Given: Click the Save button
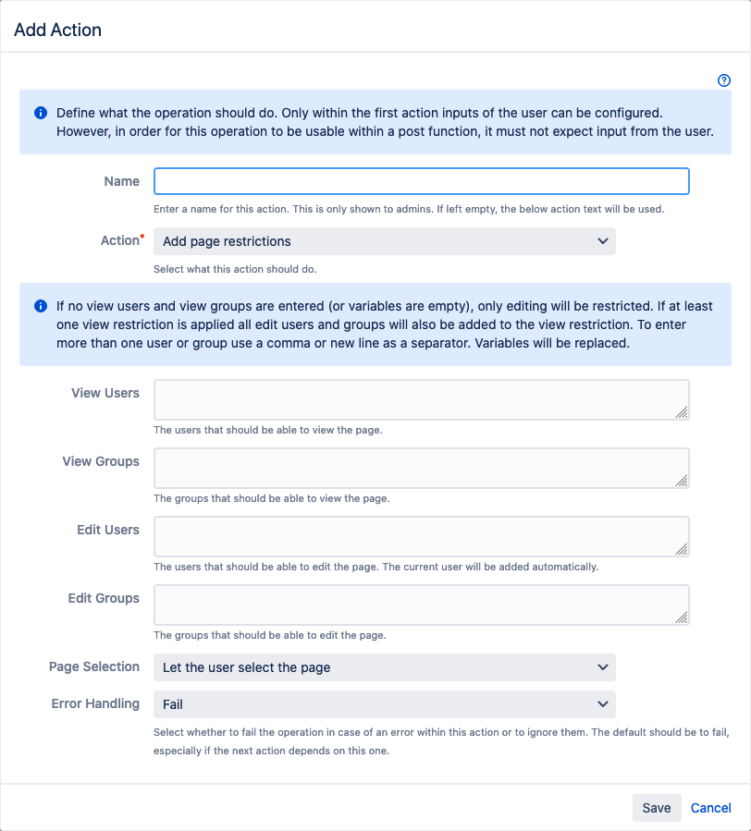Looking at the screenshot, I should click(x=657, y=808).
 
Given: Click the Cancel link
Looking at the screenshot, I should click(x=710, y=808).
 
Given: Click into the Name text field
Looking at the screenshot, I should click(x=421, y=181).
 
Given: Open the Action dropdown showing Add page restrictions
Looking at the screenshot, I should click(x=384, y=241).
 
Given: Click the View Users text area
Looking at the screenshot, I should click(x=421, y=399).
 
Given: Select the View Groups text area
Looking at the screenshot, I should click(x=421, y=468).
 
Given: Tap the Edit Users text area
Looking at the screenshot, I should click(x=421, y=536).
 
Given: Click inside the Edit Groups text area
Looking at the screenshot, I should click(x=421, y=605).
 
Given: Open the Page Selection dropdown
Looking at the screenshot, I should click(x=384, y=667).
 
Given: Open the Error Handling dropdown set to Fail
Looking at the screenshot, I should click(x=384, y=704).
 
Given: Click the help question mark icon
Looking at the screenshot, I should click(x=724, y=80).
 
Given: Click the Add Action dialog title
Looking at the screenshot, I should click(x=58, y=30).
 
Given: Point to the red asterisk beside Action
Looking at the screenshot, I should click(x=142, y=238).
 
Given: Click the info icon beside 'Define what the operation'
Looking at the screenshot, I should click(x=41, y=113).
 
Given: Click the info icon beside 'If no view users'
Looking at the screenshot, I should click(x=41, y=306).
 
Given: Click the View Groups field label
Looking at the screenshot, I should click(x=101, y=461).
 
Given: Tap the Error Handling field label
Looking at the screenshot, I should click(x=95, y=703).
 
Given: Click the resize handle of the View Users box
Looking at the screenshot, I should click(x=682, y=412).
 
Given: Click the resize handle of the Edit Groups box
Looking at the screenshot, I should click(x=682, y=617).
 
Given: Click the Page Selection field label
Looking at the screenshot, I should click(x=94, y=666).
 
